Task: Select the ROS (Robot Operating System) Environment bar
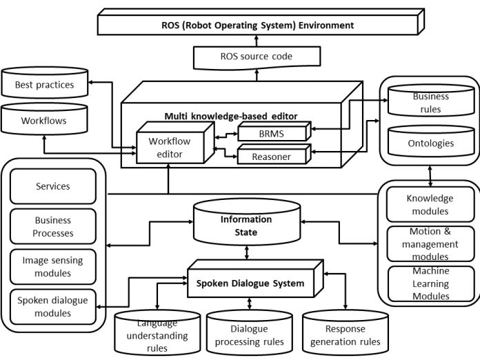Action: click(x=253, y=26)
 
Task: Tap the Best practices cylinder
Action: click(x=45, y=85)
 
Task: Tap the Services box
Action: click(x=52, y=186)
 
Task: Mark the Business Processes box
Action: click(x=52, y=226)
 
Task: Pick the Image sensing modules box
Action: click(x=52, y=267)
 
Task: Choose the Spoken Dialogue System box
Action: click(x=247, y=283)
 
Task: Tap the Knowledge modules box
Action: click(x=430, y=205)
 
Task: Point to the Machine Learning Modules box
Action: click(x=430, y=283)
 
